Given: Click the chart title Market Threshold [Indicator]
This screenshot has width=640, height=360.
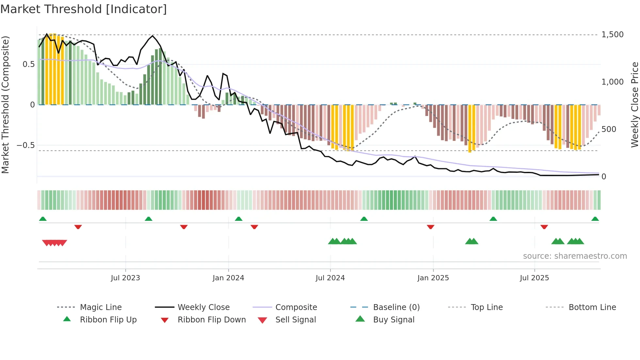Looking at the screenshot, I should click(84, 9).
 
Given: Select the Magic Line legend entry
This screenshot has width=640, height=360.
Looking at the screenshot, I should click(101, 307).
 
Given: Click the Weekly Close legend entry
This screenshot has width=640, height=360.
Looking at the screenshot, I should click(203, 307).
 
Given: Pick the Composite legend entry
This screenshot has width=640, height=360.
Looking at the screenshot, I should click(296, 307).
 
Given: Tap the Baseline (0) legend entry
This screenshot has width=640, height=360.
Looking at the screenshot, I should click(396, 307).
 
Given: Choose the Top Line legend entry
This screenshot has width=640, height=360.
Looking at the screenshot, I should click(487, 307).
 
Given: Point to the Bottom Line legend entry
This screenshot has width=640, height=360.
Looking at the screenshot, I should click(592, 307).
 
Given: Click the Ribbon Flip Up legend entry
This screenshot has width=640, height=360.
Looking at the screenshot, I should click(108, 320).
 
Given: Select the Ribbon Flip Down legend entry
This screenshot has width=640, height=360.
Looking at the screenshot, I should click(212, 320).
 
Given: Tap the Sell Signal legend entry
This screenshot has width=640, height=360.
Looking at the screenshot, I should click(296, 320).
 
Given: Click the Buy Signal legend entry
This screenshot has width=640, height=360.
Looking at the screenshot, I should click(393, 320).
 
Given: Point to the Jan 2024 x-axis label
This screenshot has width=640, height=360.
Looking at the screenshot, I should click(228, 278).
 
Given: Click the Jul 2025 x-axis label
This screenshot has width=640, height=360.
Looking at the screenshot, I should click(534, 278).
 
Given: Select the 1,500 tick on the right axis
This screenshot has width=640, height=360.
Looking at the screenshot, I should click(612, 35).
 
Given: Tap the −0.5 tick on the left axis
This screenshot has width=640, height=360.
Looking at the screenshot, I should click(25, 145).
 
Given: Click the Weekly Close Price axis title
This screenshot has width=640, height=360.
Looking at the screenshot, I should click(634, 105).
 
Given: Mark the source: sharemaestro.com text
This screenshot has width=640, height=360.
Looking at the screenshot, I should click(575, 256).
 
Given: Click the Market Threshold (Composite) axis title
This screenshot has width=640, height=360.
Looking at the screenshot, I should click(5, 105).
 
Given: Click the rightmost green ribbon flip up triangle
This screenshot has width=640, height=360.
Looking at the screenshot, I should click(595, 219).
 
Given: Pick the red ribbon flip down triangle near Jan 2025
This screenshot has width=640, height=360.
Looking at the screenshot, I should click(430, 227).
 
